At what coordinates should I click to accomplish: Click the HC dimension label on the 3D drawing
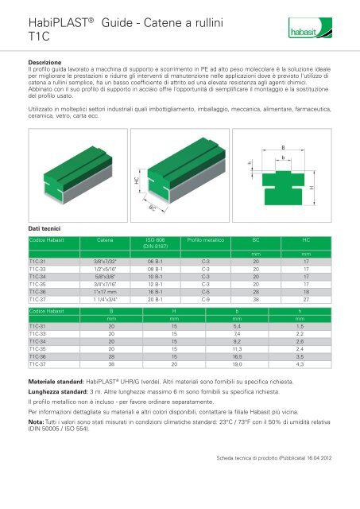coord(115,181)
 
